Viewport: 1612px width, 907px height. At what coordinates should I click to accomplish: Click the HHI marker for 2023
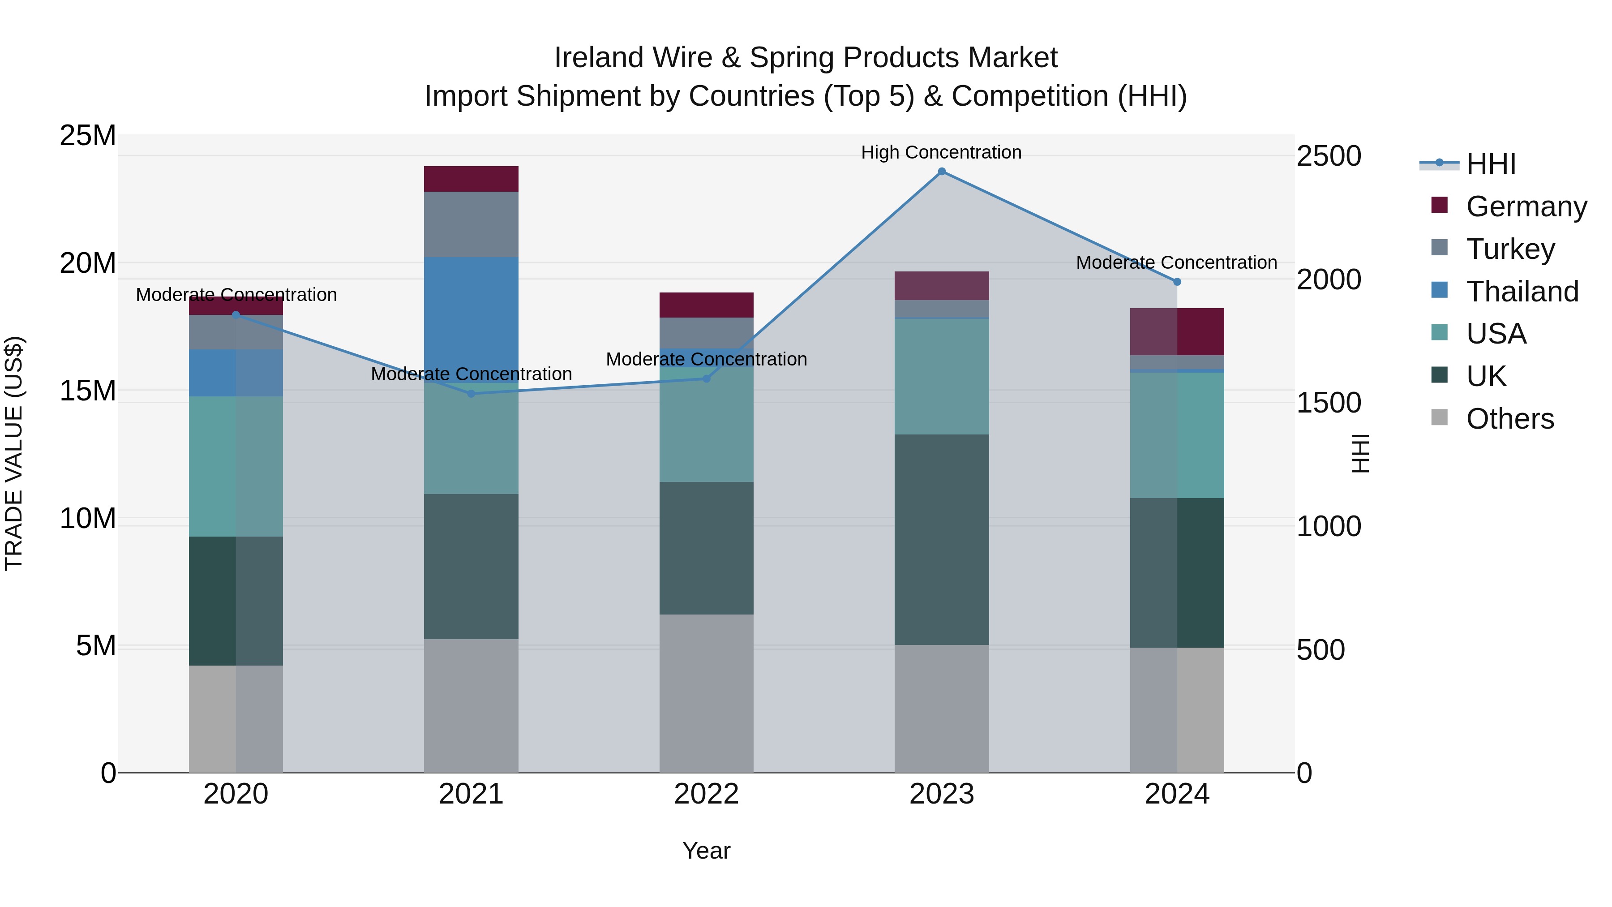click(x=941, y=172)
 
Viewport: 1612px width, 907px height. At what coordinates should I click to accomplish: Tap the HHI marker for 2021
click(x=471, y=394)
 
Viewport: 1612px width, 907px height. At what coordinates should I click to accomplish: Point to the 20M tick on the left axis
click(x=88, y=263)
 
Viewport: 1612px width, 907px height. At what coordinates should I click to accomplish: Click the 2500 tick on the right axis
click(x=1328, y=156)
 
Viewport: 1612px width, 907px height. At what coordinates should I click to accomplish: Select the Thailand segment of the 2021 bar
click(x=471, y=313)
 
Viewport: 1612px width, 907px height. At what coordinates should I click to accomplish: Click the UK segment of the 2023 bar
click(x=941, y=540)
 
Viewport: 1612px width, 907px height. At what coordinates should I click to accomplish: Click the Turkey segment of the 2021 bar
click(x=471, y=224)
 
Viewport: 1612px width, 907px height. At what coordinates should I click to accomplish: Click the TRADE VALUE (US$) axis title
click(x=14, y=453)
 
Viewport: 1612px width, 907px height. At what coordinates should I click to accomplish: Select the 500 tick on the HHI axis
click(x=1320, y=650)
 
